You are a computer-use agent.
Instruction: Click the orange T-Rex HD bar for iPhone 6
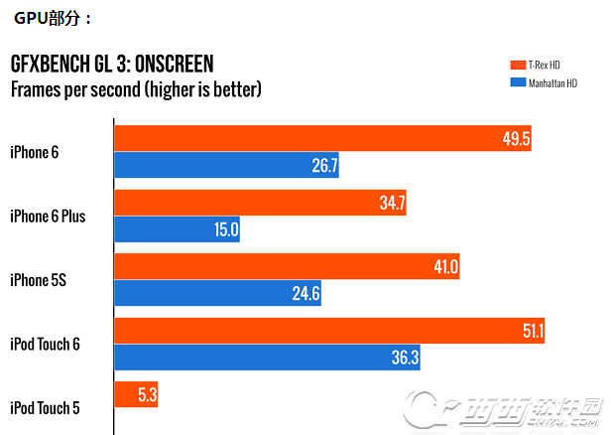298,138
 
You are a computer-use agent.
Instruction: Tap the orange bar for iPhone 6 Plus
248,203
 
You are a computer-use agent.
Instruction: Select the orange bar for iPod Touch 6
307,331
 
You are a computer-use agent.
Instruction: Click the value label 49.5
516,139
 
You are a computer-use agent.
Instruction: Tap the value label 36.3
404,358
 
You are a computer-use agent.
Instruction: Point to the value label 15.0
225,229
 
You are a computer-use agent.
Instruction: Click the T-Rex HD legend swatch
515,66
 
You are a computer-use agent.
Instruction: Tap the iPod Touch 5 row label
46,408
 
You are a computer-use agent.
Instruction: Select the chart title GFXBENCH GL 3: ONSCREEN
111,66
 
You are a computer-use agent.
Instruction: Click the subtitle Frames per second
135,90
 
